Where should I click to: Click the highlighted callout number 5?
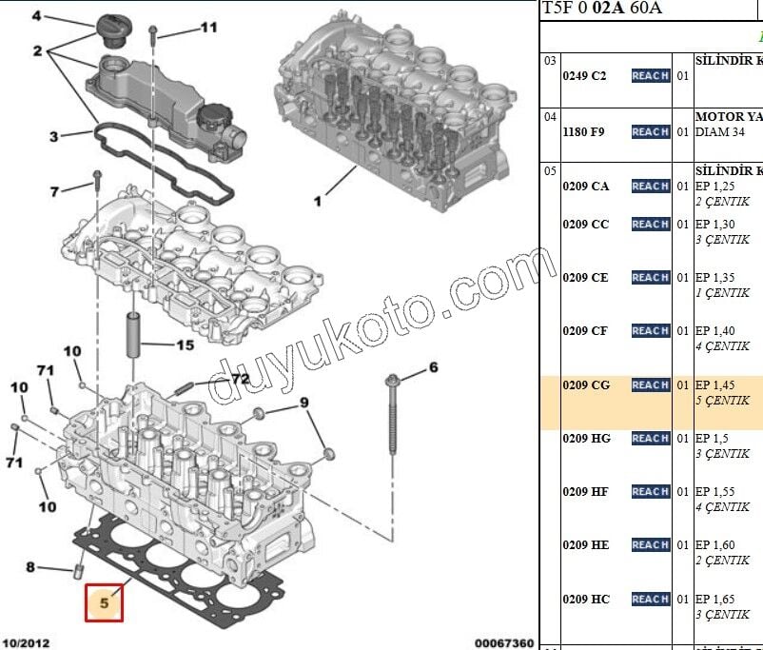point(105,601)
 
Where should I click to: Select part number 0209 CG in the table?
point(586,385)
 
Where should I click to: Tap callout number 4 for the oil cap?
point(37,16)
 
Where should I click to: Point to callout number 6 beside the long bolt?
point(433,366)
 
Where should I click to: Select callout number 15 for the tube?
point(184,345)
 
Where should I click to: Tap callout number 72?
point(240,378)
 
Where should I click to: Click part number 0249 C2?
point(584,76)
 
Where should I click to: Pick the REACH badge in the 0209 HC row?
point(651,599)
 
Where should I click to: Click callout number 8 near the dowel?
point(30,568)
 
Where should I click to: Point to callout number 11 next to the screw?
point(208,28)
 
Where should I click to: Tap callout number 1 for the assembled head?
point(318,201)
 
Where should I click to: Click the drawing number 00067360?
point(504,643)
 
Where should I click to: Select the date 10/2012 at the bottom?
point(27,643)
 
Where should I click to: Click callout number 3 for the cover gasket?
point(54,136)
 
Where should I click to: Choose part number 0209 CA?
point(586,187)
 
